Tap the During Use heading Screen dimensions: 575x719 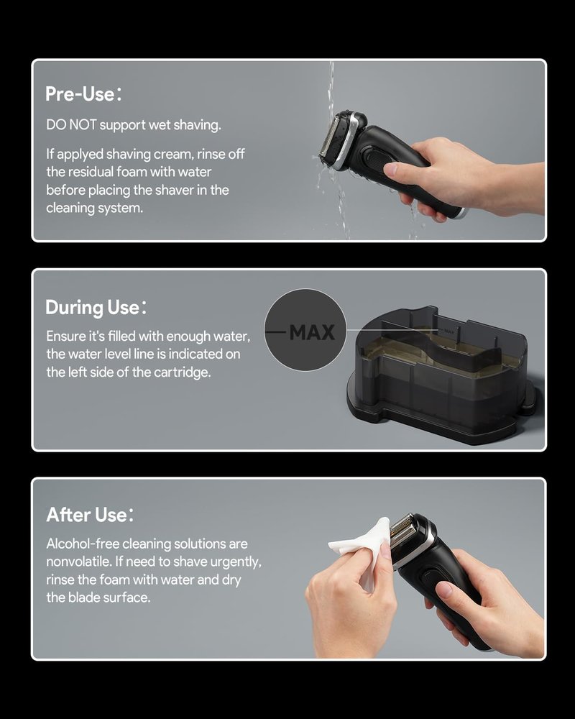pos(96,307)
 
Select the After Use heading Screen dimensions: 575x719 pos(90,515)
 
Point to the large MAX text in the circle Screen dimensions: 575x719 pos(312,332)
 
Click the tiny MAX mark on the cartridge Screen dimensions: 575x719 pos(449,331)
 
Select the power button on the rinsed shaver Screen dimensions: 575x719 pos(375,160)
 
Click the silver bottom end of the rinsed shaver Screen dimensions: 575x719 pos(461,214)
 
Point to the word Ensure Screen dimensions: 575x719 pos(65,336)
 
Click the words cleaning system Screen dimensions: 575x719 pos(94,209)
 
